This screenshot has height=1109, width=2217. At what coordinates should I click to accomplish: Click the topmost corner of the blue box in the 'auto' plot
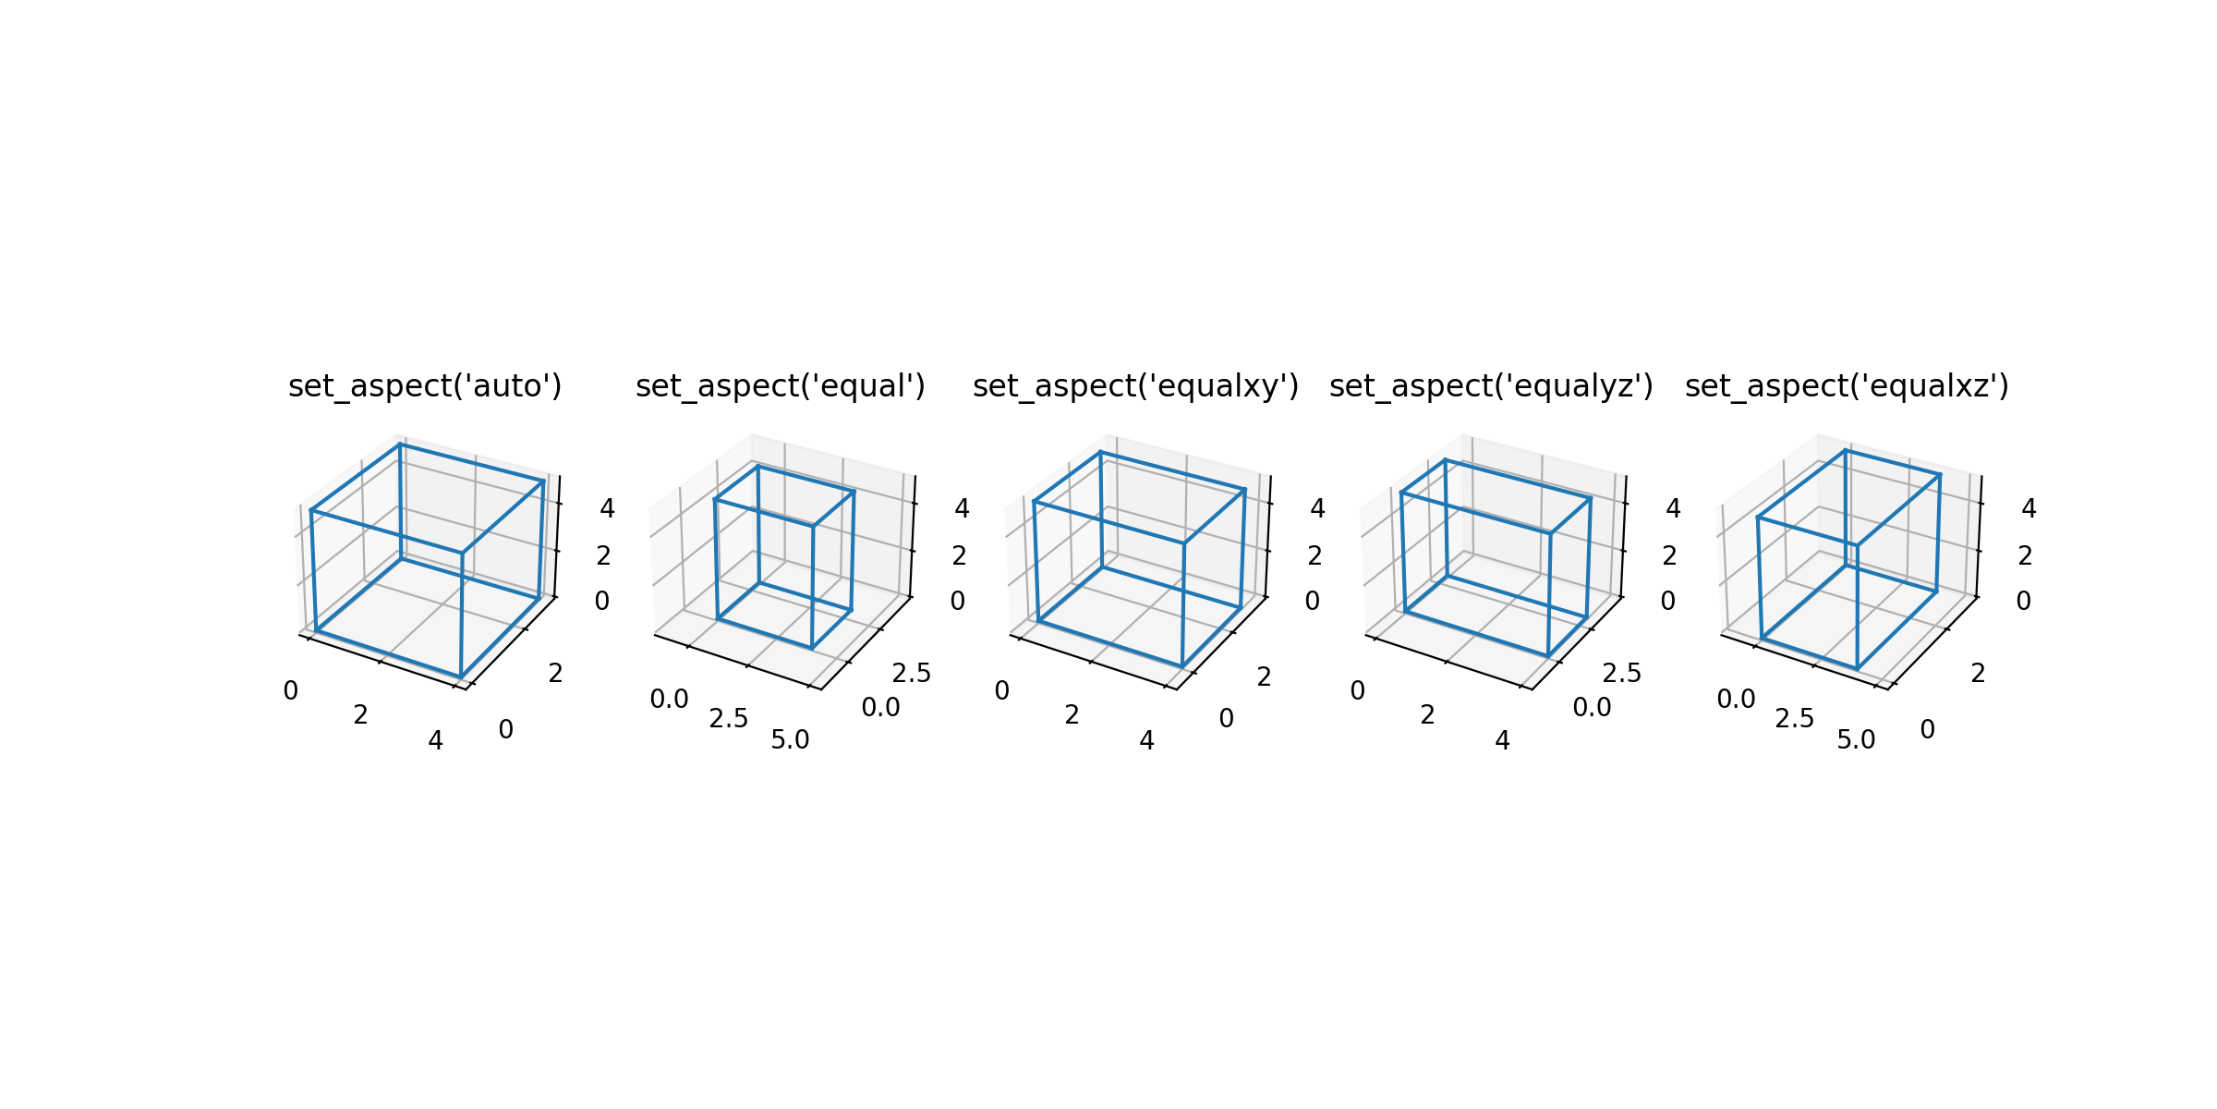click(x=400, y=445)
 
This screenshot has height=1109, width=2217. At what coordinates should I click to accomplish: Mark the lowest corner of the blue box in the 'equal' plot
click(x=812, y=649)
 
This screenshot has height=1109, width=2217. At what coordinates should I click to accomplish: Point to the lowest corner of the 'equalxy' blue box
click(x=1182, y=666)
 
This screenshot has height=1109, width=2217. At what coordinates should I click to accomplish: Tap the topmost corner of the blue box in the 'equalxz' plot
click(x=1846, y=450)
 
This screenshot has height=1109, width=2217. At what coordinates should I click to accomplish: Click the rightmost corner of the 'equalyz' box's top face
click(x=1591, y=499)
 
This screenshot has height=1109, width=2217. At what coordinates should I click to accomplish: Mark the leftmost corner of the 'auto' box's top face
click(x=311, y=510)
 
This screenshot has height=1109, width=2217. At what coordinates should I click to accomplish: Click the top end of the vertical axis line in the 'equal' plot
click(x=915, y=476)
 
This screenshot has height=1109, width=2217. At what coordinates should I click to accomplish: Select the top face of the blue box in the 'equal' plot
click(x=784, y=496)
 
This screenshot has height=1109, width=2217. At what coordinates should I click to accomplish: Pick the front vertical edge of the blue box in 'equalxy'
click(x=1183, y=604)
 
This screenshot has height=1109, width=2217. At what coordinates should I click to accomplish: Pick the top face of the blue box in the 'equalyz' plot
click(x=1496, y=496)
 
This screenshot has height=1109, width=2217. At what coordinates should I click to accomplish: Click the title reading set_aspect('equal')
click(x=781, y=386)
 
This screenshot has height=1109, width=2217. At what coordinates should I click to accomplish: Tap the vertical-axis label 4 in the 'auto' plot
click(x=607, y=508)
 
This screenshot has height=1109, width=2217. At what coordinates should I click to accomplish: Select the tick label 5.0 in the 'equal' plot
click(x=790, y=740)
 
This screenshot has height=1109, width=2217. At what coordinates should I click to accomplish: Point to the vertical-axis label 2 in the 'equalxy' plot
click(x=1314, y=555)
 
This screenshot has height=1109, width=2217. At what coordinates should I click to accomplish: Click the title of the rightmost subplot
click(x=1847, y=386)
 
